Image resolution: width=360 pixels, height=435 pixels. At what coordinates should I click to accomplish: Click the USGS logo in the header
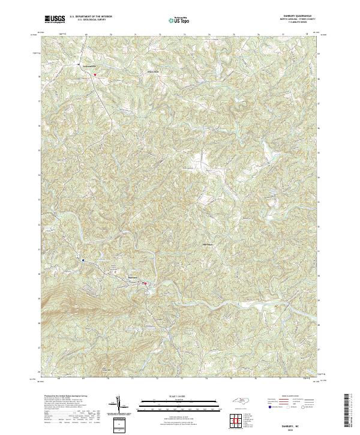pyautogui.click(x=55, y=19)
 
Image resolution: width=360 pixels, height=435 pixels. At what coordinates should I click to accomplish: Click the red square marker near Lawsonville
pyautogui.click(x=94, y=74)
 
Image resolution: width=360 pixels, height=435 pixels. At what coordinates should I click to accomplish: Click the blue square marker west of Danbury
pyautogui.click(x=83, y=260)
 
